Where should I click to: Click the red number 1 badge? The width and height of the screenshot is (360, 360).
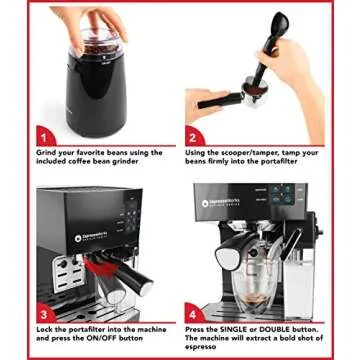pyautogui.click(x=42, y=134)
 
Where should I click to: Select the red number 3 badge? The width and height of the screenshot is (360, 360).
pyautogui.click(x=43, y=312)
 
